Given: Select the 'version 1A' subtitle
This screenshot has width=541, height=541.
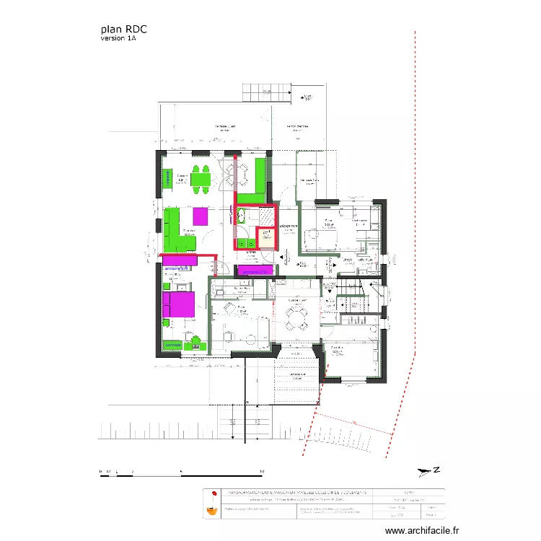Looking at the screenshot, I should click(118, 39).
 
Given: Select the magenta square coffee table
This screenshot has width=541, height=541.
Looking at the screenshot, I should click(200, 217).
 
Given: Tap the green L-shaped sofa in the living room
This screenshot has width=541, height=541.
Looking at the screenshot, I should click(173, 231).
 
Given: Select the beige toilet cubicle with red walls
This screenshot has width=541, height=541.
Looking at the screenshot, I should click(266, 237).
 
